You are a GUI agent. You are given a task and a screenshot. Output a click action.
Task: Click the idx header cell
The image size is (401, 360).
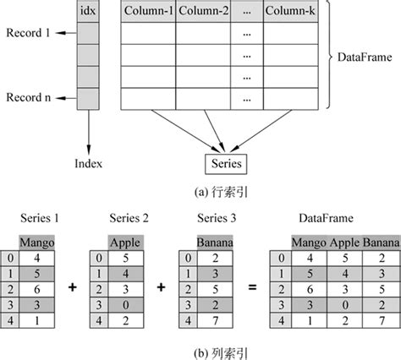pyautogui.click(x=88, y=13)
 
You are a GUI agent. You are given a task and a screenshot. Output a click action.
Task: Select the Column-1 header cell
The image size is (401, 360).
pyautogui.click(x=149, y=13)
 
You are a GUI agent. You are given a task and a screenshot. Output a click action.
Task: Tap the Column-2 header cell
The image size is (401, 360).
pyautogui.click(x=202, y=13)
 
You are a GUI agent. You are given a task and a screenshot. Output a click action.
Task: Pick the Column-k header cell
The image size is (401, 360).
pyautogui.click(x=291, y=13)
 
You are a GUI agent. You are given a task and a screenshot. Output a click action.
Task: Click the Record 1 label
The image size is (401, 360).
pyautogui.click(x=29, y=33)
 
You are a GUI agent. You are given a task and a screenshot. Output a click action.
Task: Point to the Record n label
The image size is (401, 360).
pyautogui.click(x=29, y=98)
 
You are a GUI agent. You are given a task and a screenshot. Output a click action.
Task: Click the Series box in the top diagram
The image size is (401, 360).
pyautogui.click(x=224, y=161)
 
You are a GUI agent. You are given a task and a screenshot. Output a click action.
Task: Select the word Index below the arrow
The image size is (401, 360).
pyautogui.click(x=88, y=162)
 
